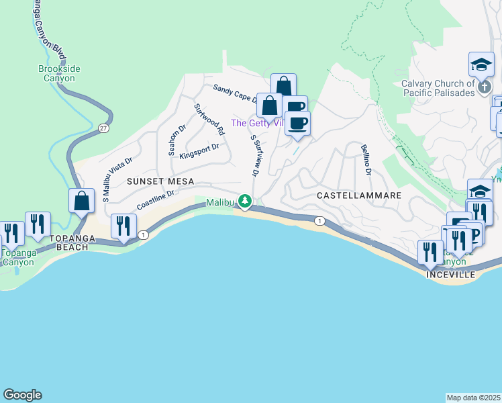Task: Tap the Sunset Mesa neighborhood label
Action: tap(162, 181)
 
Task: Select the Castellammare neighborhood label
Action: tap(359, 195)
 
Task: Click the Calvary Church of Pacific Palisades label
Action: tap(438, 88)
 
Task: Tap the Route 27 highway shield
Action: tap(103, 128)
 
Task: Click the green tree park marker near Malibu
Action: tap(246, 201)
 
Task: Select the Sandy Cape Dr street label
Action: tap(236, 93)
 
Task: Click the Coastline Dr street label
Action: tap(156, 198)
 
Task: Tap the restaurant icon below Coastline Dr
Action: tap(123, 226)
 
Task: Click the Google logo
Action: tap(22, 395)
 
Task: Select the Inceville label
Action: tap(450, 275)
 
